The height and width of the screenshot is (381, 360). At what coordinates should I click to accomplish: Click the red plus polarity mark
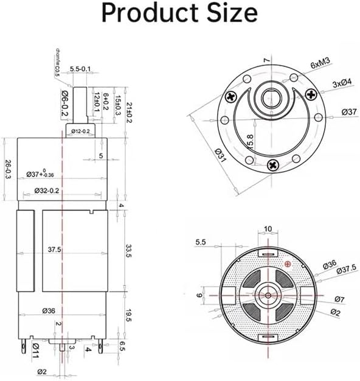tap(288, 264)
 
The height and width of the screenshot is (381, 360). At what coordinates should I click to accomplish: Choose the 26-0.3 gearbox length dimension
tap(7, 170)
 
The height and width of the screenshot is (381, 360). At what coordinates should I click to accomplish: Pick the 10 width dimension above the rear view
tap(268, 229)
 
